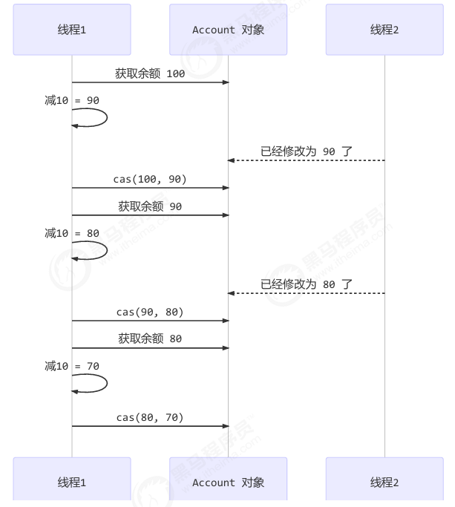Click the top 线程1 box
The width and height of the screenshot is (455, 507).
pos(72,30)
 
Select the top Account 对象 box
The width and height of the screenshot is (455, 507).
pos(228,30)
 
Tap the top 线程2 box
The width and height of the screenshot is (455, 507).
pos(384,30)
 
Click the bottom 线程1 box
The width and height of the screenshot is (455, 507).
pos(72,482)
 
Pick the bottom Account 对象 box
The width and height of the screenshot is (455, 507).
pos(228,482)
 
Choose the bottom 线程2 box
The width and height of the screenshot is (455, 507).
pos(384,482)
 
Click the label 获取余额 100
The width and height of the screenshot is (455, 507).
pos(150,73)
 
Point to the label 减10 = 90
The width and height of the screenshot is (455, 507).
pos(72,100)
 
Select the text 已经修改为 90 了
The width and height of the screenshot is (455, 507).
pos(306,151)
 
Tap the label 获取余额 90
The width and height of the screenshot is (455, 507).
pos(150,206)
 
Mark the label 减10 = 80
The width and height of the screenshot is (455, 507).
pos(72,233)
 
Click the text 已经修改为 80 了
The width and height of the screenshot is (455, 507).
pos(306,284)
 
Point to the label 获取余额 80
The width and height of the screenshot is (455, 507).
pos(150,339)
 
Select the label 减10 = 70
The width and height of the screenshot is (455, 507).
pos(72,366)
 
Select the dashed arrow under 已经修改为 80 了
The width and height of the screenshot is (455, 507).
pos(306,294)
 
